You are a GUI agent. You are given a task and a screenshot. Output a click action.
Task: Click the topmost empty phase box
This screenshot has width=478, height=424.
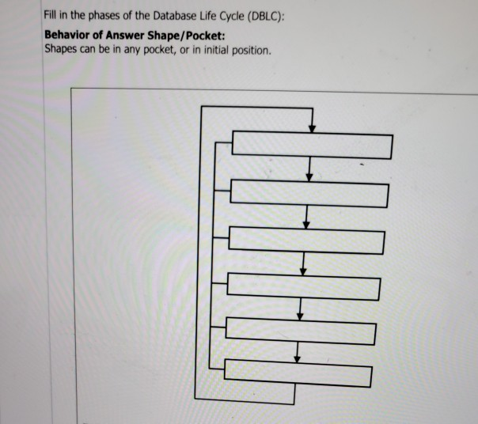click(x=312, y=146)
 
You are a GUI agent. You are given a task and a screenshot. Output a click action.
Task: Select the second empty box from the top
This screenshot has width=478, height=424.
click(x=309, y=194)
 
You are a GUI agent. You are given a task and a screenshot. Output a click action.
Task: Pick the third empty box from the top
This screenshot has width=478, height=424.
click(x=307, y=240)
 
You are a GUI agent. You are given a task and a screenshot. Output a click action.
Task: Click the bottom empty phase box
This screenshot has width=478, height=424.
click(x=298, y=373)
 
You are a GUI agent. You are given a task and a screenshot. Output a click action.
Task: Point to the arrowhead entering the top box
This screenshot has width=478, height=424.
click(x=313, y=129)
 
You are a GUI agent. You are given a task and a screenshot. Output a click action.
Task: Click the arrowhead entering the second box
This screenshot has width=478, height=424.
click(x=310, y=176)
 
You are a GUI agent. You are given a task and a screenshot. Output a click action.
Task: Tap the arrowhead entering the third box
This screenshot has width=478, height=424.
click(x=307, y=223)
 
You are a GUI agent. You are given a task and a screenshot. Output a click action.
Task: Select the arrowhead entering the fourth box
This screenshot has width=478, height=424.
click(x=303, y=271)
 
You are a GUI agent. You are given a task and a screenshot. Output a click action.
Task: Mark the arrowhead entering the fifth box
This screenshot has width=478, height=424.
click(x=300, y=315)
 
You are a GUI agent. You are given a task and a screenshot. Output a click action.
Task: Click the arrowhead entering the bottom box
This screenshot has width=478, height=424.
click(x=297, y=358)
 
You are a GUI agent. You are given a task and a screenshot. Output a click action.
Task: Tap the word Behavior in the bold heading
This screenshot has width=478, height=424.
click(x=68, y=36)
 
